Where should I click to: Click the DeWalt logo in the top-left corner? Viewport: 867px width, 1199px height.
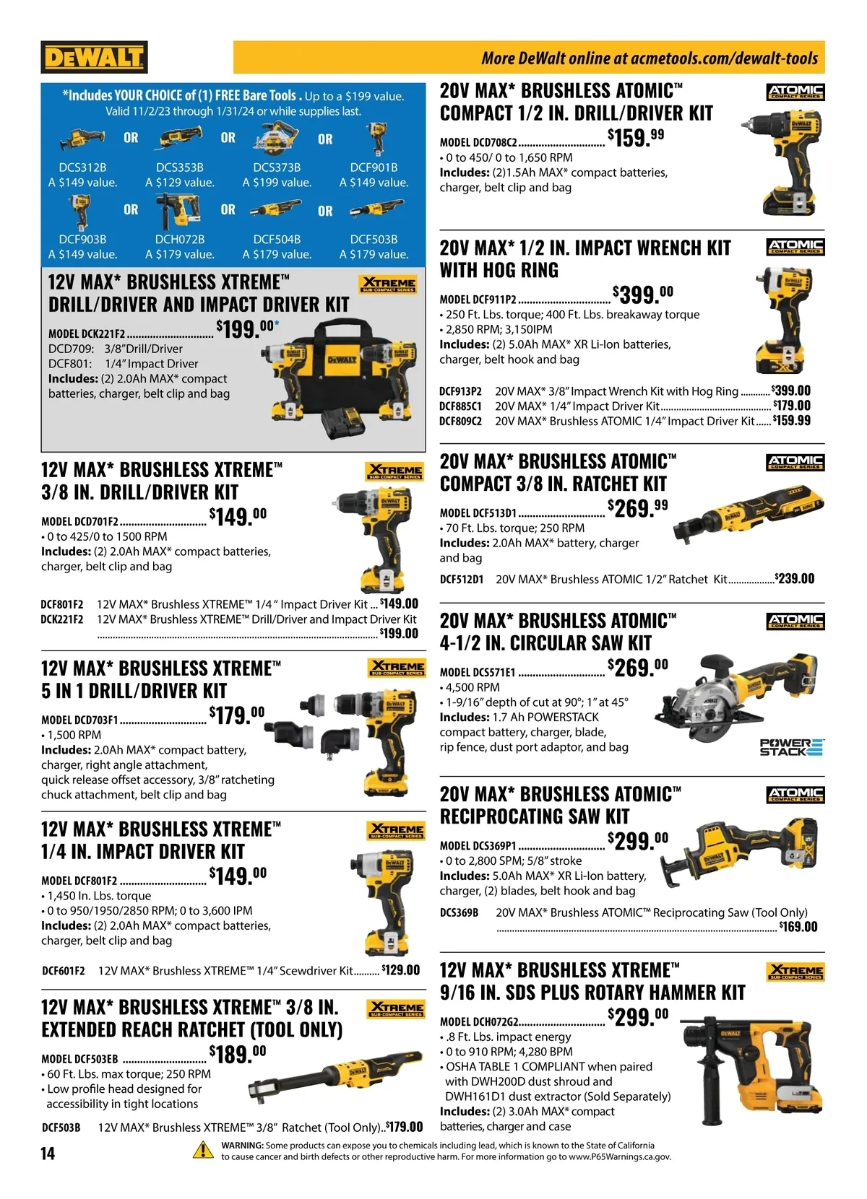click(94, 57)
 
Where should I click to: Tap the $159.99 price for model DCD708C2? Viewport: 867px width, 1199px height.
click(636, 138)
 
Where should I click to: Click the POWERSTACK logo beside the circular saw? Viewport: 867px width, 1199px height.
click(792, 746)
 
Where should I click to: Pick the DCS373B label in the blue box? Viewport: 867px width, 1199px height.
click(277, 167)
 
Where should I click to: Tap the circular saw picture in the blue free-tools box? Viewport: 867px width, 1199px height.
click(277, 138)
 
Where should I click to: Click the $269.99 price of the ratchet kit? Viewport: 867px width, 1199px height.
click(638, 508)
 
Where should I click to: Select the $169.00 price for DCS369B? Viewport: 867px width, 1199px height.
click(798, 927)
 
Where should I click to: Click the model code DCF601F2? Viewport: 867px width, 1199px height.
click(64, 970)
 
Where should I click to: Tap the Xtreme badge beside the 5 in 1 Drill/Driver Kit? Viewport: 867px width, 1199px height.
click(397, 668)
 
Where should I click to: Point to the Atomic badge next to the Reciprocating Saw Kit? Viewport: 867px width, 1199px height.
click(795, 794)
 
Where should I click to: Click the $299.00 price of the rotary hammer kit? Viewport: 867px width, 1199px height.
click(638, 1016)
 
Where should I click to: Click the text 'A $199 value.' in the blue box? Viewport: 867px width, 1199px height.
click(277, 183)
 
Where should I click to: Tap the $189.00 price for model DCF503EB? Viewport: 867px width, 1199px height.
click(238, 1054)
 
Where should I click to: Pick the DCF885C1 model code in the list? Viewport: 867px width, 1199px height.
click(460, 406)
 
